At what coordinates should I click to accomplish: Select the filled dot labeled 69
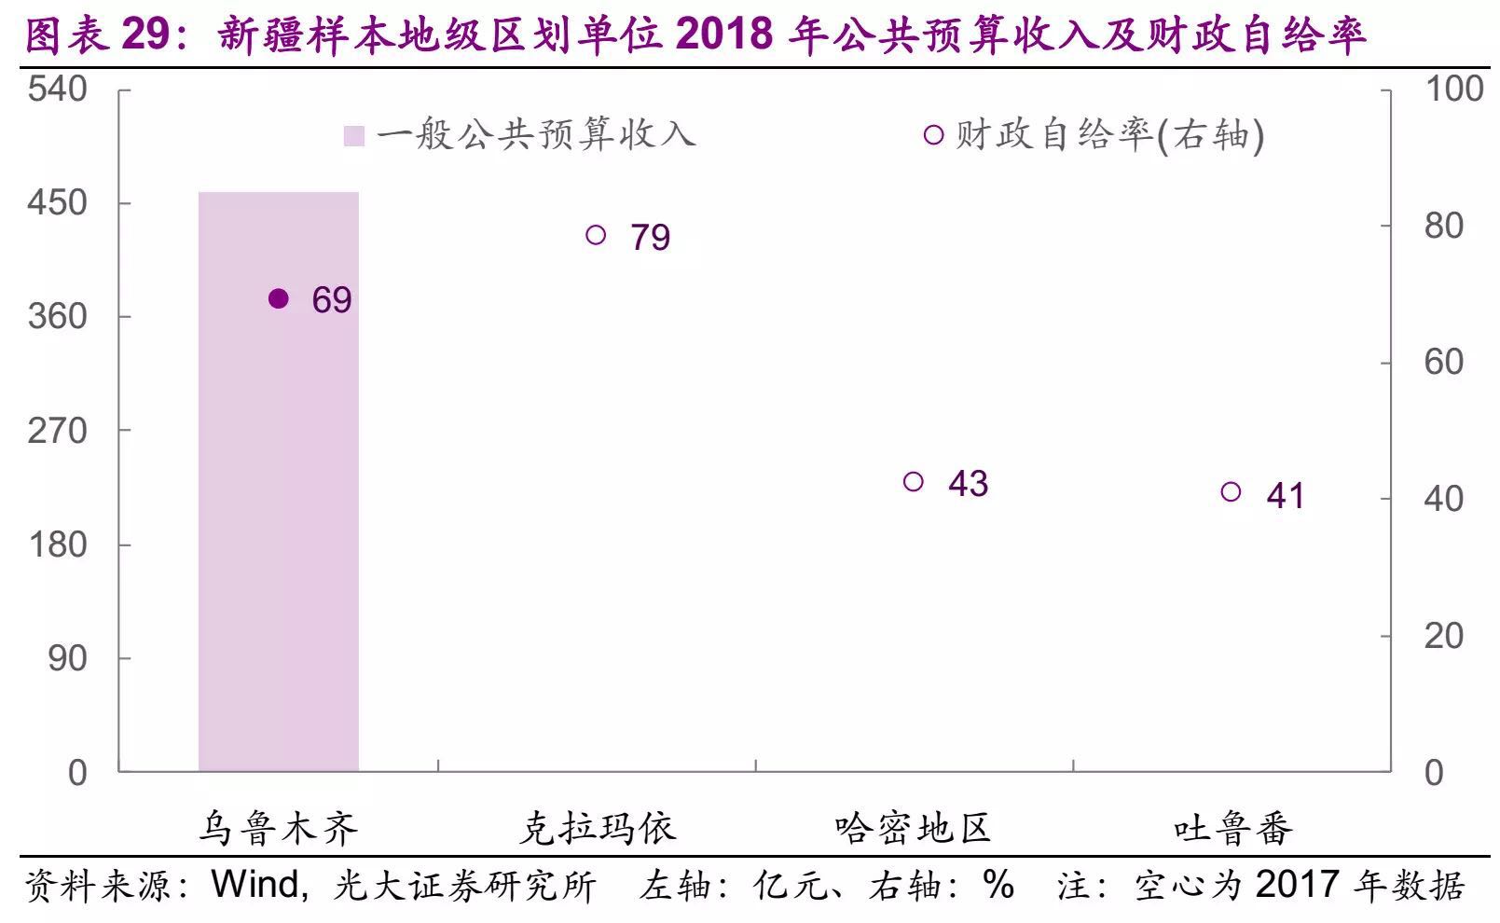(278, 298)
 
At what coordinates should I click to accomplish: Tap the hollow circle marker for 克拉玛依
(596, 235)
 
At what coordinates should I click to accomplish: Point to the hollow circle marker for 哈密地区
(914, 481)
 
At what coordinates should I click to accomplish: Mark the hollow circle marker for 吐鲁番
(1231, 492)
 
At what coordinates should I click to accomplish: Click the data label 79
(650, 238)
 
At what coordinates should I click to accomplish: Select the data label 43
(968, 483)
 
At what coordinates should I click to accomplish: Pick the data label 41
(1285, 496)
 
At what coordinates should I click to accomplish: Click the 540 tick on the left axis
(58, 90)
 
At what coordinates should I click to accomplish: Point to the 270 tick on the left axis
(58, 431)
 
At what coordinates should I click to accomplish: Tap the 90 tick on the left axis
(67, 658)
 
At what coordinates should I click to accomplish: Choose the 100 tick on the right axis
(1453, 90)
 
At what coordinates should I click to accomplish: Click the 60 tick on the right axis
(1443, 362)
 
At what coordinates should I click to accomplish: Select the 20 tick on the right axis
(1443, 636)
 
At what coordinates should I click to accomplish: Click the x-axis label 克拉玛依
(596, 828)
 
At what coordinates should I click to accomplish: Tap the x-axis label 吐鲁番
(1232, 828)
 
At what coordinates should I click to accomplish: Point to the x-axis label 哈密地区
(913, 828)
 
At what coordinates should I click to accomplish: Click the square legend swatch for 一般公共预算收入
(354, 136)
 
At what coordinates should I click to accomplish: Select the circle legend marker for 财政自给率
(933, 135)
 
